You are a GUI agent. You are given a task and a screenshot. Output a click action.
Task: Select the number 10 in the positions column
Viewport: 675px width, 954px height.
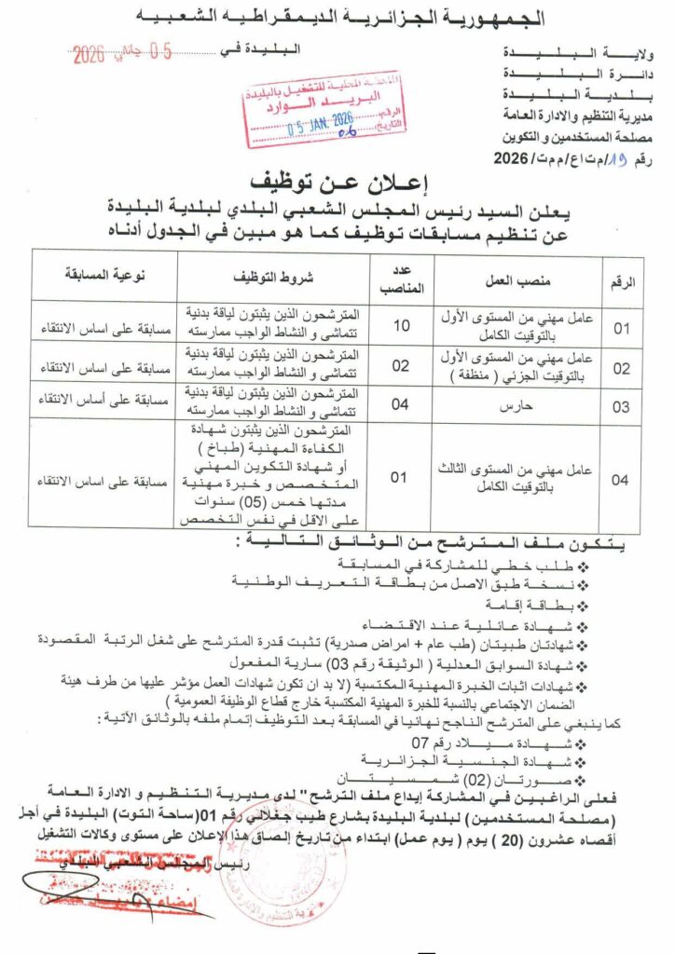(x=400, y=325)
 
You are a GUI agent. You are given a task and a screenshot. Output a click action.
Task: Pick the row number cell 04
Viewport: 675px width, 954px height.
(x=621, y=480)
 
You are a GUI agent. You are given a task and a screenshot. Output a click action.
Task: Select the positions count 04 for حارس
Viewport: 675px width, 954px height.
(x=400, y=404)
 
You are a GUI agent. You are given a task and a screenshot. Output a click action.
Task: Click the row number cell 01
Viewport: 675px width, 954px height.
(x=621, y=327)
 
